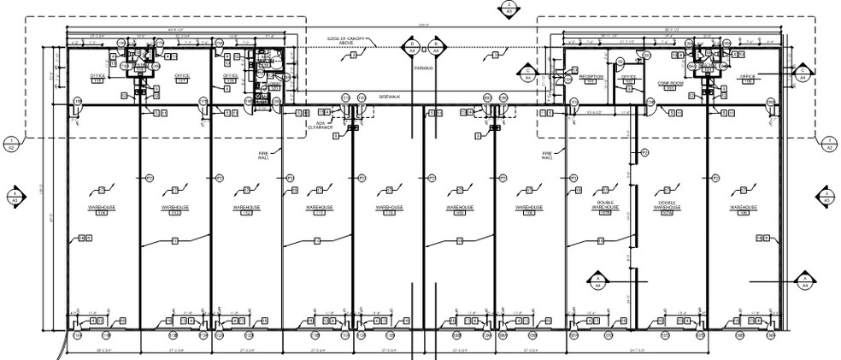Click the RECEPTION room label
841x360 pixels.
click(x=591, y=77)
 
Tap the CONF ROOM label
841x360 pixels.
click(x=670, y=83)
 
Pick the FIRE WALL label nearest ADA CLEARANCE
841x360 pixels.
click(x=263, y=155)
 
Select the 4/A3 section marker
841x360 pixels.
click(x=15, y=197)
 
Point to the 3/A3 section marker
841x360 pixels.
click(x=826, y=197)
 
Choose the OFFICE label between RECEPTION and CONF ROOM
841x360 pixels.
click(x=628, y=77)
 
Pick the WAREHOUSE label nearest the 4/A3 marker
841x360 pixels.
click(x=102, y=208)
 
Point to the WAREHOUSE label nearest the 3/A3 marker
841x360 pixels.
click(x=744, y=208)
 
